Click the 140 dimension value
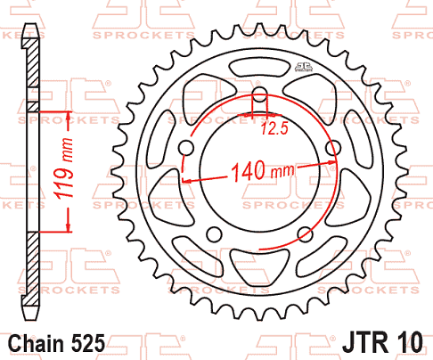coord(249,169)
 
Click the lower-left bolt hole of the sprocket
coord(214,233)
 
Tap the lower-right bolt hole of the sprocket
coord(306,233)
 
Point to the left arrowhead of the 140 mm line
coord(186,181)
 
